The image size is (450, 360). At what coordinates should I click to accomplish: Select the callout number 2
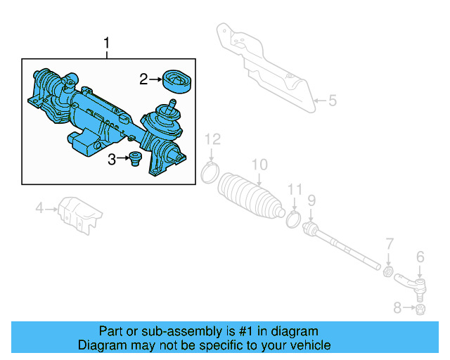click(143, 79)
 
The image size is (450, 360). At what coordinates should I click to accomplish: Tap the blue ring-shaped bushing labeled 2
click(177, 80)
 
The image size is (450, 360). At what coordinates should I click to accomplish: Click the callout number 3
click(112, 160)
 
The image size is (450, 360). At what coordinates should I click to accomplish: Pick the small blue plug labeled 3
click(134, 158)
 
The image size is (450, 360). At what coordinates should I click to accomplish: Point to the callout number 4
click(40, 207)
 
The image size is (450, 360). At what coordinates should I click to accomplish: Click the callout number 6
click(420, 257)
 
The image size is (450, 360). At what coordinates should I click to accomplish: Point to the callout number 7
click(389, 244)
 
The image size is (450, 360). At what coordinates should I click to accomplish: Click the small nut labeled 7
click(387, 271)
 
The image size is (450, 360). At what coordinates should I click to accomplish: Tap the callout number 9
click(311, 200)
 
